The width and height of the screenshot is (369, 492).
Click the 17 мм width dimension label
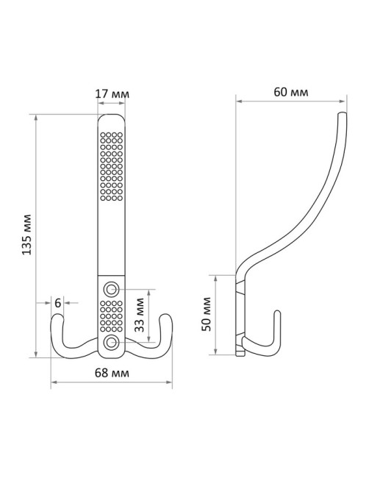(x=112, y=94)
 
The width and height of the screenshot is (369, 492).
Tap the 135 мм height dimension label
(x=27, y=235)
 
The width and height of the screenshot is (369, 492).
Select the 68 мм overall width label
(x=112, y=373)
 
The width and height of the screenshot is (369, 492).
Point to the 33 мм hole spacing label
(x=139, y=315)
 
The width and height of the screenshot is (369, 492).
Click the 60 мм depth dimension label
(x=291, y=92)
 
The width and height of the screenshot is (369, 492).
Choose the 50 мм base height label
(x=207, y=314)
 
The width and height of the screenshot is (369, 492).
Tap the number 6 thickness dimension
(x=57, y=303)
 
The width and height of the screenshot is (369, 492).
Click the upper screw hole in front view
(x=111, y=288)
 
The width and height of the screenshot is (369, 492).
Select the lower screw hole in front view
(x=111, y=342)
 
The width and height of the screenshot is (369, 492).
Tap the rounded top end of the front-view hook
(x=111, y=116)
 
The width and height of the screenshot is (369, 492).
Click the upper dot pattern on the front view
(x=111, y=166)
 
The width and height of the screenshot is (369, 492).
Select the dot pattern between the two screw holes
(x=111, y=316)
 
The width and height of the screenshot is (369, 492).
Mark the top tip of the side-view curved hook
(x=343, y=113)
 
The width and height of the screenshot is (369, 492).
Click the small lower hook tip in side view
(x=277, y=313)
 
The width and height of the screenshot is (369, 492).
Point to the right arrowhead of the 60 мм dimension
(x=343, y=101)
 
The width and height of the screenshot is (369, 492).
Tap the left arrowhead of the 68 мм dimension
(x=54, y=382)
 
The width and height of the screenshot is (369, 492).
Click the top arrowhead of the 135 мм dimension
(x=36, y=118)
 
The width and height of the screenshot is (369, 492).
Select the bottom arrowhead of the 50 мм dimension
(x=215, y=352)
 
